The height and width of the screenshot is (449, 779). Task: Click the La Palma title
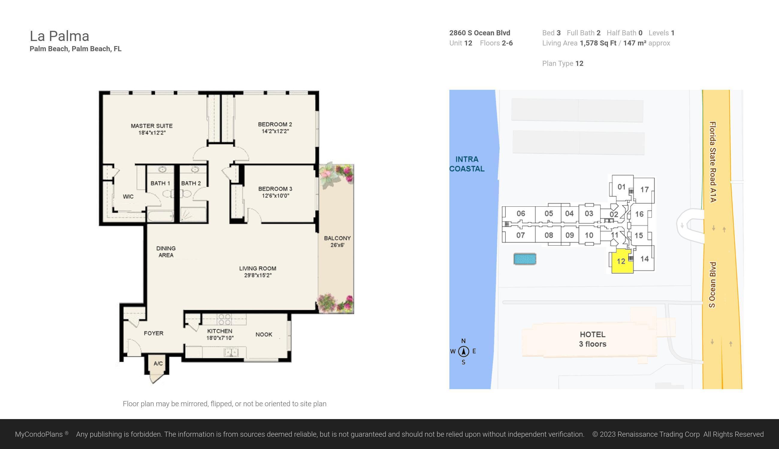tap(59, 36)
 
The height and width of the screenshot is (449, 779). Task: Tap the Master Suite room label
tap(152, 126)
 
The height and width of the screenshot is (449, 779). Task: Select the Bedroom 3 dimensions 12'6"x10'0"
tap(275, 195)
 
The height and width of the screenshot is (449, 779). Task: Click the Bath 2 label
tap(191, 183)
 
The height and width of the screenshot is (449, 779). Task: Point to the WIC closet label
tap(128, 196)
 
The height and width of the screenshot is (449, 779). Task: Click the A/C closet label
tap(158, 363)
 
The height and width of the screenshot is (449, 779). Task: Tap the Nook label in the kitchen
tap(264, 334)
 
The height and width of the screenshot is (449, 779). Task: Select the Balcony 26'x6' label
tap(337, 242)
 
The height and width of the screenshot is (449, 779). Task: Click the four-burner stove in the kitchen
tap(224, 319)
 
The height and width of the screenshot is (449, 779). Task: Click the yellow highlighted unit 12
tap(621, 262)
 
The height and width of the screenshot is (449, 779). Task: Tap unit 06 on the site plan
tap(521, 213)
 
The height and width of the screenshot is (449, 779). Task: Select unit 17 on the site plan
tap(644, 189)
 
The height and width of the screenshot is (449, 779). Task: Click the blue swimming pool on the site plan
tap(525, 259)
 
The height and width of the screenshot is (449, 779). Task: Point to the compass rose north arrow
tap(463, 351)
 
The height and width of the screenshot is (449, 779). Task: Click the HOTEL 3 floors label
tap(592, 339)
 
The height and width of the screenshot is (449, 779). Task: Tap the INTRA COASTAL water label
tap(467, 164)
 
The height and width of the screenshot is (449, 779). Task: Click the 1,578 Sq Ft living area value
tap(598, 43)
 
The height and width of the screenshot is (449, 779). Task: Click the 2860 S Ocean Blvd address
tap(479, 33)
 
